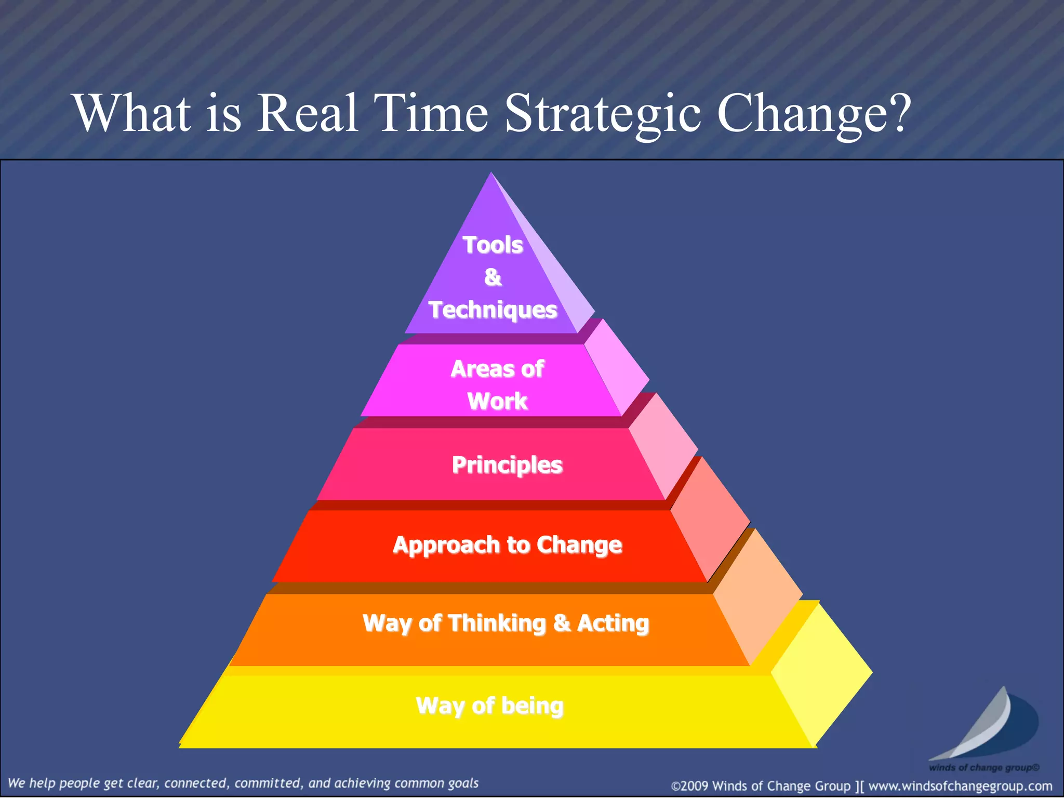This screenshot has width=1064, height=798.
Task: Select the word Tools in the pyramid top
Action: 493,245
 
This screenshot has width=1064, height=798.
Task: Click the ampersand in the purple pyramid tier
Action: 493,277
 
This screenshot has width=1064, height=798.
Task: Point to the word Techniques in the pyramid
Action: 493,310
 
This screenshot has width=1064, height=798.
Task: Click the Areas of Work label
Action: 497,385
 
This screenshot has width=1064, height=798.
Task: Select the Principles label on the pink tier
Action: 507,465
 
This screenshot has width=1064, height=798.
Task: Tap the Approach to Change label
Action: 507,545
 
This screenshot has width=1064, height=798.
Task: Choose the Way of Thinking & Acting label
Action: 506,623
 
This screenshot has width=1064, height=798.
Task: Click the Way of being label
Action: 489,706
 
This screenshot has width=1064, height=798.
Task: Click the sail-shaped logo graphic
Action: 987,725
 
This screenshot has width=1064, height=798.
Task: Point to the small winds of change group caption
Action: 984,767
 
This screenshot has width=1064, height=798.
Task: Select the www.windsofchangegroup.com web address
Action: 960,786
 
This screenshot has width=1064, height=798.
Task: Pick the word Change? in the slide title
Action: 814,113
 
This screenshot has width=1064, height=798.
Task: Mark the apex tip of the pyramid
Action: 491,174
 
